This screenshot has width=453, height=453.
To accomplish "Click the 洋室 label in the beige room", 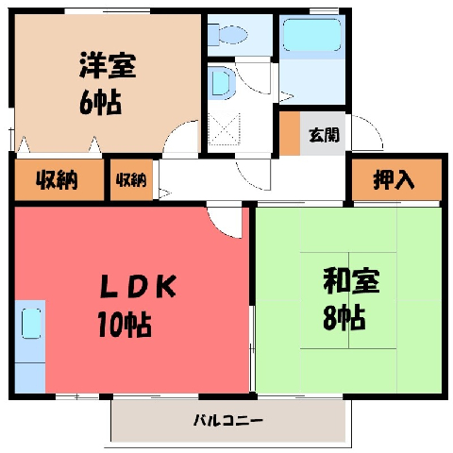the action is pos(108,65).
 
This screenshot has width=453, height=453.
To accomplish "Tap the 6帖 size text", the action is pos(100,102).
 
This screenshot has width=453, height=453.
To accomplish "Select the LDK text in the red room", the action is pos(138,286).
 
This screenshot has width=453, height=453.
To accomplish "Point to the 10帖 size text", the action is pos(125,324).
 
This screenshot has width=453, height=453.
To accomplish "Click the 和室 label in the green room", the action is pos(351,280).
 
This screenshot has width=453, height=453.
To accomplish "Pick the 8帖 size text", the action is pos(344,317).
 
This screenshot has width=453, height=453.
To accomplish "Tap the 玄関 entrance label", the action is pos(325,135).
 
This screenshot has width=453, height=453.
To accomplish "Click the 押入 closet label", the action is pos(394,180).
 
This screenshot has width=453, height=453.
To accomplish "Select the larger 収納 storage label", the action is pos(57,180).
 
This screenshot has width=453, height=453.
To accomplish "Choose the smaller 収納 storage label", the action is pos(131,180).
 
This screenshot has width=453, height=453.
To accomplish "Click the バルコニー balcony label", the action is pos(228,420).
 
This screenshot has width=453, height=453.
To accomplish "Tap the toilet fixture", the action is pos(228,34).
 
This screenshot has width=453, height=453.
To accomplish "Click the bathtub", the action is pos(312,35).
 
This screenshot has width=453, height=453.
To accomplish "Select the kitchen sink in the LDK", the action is pos(31,324).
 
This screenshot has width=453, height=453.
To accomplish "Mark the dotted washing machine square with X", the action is pos(224,129).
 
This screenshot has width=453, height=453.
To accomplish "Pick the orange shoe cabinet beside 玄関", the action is pos(290,133).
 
